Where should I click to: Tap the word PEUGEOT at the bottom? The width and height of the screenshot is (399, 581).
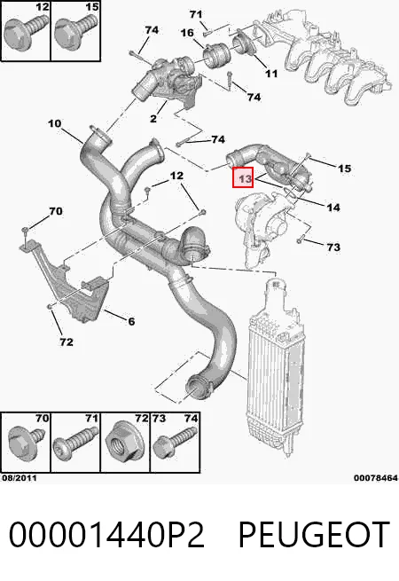(x=313, y=534)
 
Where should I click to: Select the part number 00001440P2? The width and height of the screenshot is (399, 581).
(x=106, y=534)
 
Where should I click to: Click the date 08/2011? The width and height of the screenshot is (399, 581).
(x=20, y=478)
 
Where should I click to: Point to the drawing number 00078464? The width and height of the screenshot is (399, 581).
(x=376, y=478)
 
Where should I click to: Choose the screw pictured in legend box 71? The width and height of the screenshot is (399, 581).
(x=76, y=441)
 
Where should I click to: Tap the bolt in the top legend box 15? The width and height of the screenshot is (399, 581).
(x=75, y=31)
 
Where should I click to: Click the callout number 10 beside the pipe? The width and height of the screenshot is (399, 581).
(x=54, y=123)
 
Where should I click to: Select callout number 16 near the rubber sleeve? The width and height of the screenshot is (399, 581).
(x=187, y=33)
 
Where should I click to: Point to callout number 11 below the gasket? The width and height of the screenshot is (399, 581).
(x=271, y=74)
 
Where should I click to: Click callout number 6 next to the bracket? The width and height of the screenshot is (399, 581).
(x=131, y=321)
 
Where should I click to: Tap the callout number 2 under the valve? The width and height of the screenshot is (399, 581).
(x=153, y=119)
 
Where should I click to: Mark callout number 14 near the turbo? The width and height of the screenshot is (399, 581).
(x=333, y=208)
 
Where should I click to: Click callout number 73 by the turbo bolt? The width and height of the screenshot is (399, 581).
(x=333, y=247)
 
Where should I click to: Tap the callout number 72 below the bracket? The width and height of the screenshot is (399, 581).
(x=66, y=342)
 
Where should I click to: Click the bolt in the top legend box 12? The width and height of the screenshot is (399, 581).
(x=25, y=31)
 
